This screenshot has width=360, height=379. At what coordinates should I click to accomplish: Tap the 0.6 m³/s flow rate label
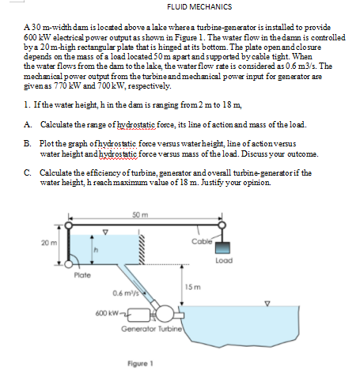(127, 293)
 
